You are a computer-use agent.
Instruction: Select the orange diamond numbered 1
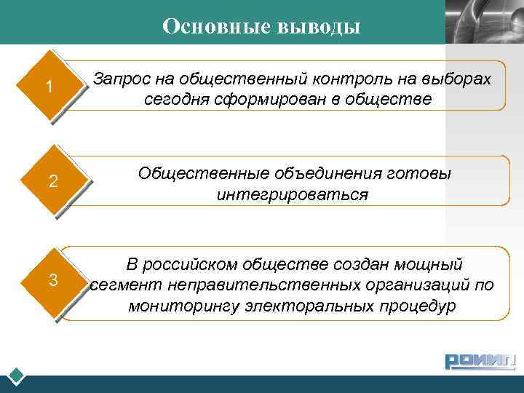click(x=49, y=87)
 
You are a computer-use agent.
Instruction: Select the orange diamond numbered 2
click(x=53, y=181)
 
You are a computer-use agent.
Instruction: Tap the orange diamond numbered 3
click(x=53, y=279)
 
